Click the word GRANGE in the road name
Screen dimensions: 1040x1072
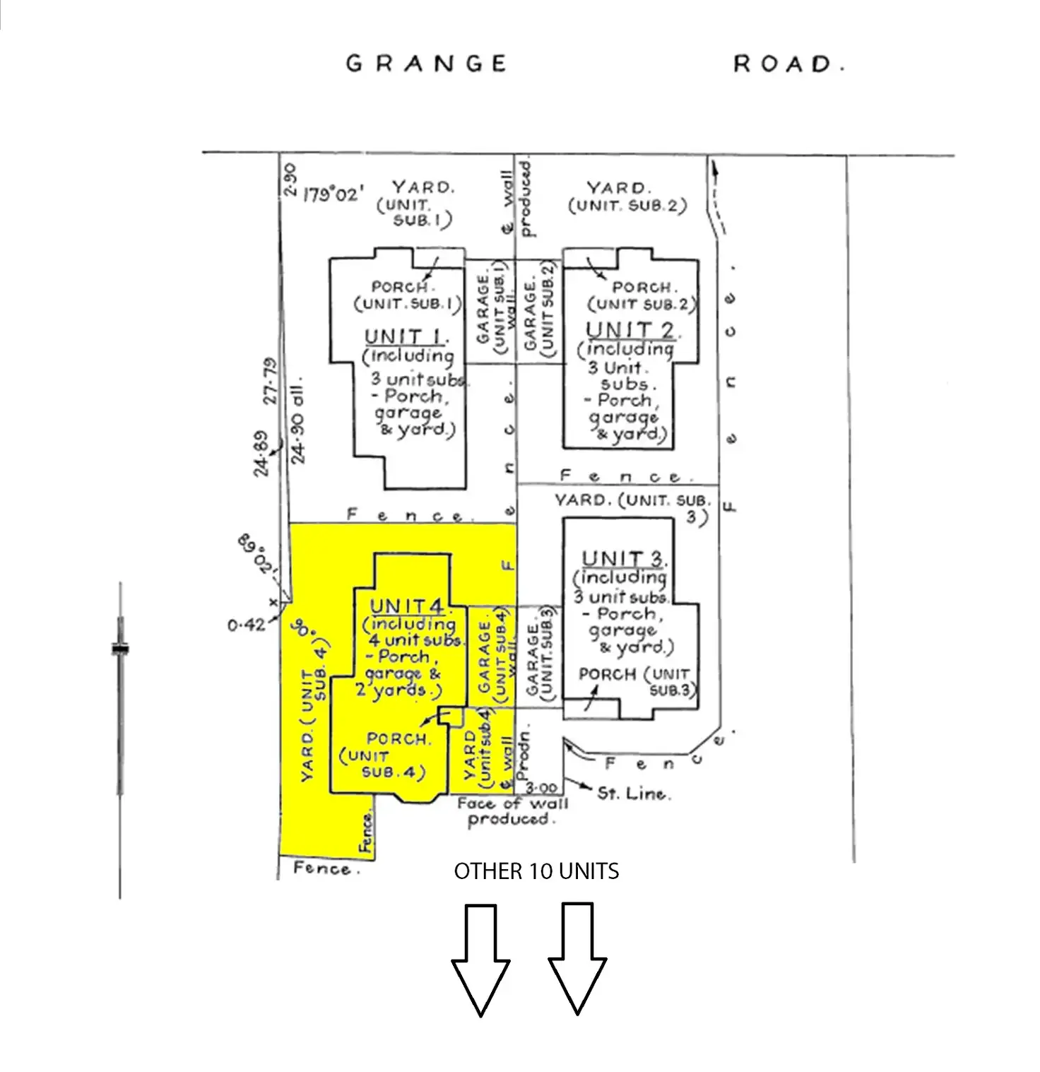click(x=426, y=64)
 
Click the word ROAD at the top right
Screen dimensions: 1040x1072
click(x=788, y=64)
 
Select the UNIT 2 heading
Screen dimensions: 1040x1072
click(x=630, y=330)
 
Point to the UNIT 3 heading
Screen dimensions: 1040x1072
click(x=624, y=558)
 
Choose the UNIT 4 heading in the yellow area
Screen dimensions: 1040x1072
click(x=408, y=606)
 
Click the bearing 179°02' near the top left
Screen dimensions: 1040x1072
click(x=334, y=194)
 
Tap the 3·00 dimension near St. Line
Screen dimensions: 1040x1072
click(x=543, y=787)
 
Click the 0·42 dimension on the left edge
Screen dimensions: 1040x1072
click(x=246, y=625)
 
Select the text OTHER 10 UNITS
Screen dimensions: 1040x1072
click(x=536, y=871)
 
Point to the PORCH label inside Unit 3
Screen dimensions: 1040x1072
click(x=607, y=674)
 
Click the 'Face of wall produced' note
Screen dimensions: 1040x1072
click(x=511, y=811)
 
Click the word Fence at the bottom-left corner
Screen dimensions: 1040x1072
click(x=321, y=868)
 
